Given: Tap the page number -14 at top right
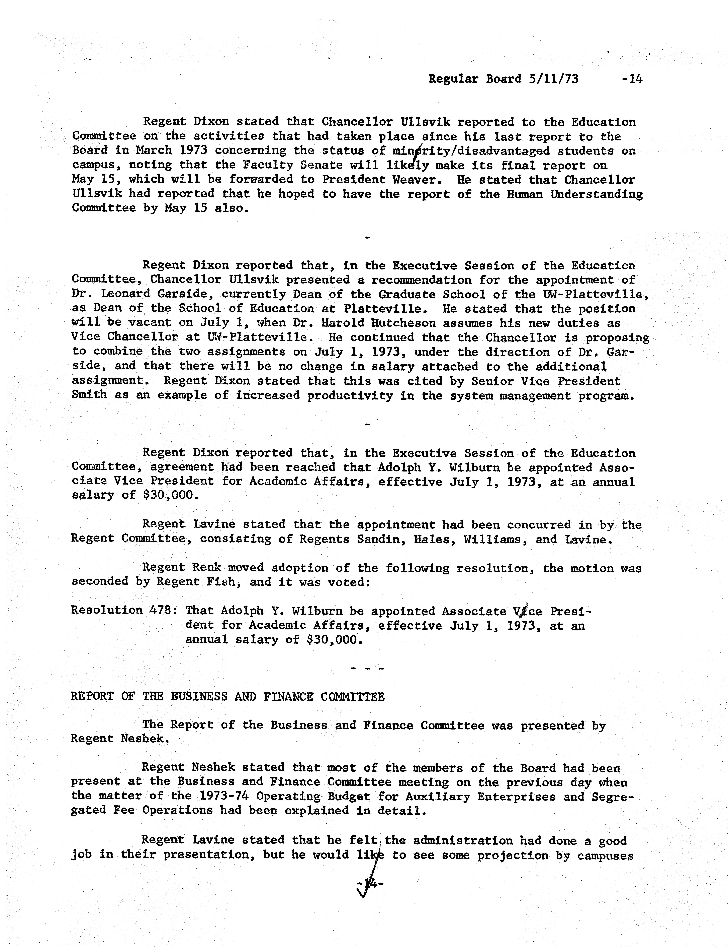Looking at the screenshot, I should [x=631, y=79].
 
